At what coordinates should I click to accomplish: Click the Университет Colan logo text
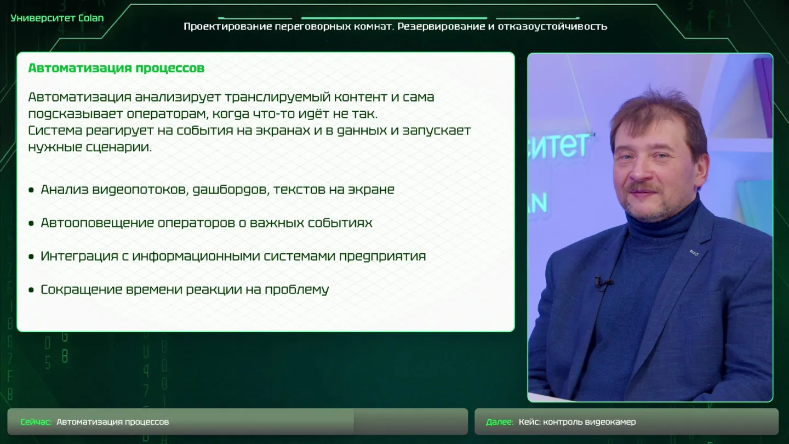pos(57,18)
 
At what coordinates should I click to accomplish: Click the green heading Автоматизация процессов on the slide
pos(116,68)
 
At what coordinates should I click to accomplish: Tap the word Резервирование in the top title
pos(442,26)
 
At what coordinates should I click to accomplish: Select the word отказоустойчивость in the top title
pos(552,26)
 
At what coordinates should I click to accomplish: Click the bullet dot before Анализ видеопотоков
pos(31,190)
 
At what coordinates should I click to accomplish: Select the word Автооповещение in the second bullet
pos(97,223)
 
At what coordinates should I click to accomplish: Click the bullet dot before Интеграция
pos(31,257)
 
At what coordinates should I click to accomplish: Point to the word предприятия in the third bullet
pos(382,257)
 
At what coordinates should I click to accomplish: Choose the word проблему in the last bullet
pos(296,290)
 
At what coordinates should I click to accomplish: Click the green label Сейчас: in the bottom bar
pos(36,422)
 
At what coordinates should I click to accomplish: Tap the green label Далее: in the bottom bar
pos(500,422)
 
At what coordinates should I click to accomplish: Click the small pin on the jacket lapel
pos(694,252)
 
